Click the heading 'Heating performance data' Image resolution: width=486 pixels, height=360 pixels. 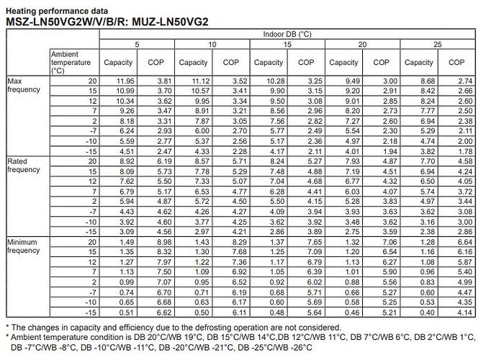pos(57,12)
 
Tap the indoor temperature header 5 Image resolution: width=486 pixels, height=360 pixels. pos(138,44)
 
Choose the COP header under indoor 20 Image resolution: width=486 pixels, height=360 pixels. pos(381,63)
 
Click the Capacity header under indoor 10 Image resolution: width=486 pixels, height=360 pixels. pos(193,63)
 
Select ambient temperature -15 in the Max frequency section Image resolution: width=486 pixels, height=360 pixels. pos(91,152)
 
